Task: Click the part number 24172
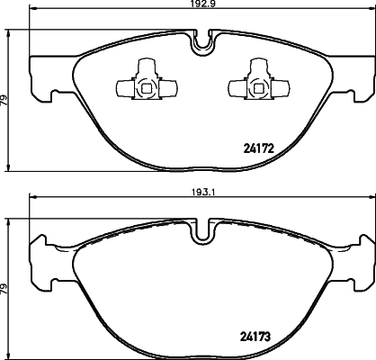point(260,148)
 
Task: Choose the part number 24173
point(260,337)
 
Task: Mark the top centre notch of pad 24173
point(202,232)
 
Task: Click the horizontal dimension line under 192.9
point(108,16)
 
